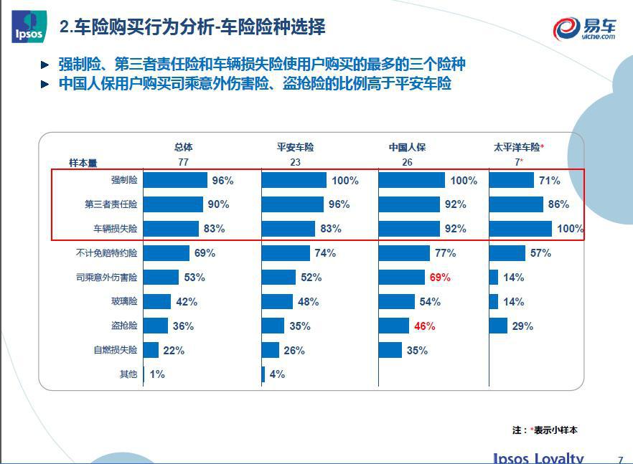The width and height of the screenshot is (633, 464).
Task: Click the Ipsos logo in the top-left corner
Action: [27, 27]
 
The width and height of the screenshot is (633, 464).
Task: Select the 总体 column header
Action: [183, 147]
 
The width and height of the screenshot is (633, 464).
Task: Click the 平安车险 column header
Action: [295, 147]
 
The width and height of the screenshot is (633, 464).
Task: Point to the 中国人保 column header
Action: [407, 147]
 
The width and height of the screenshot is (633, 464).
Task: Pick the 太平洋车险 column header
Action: [517, 147]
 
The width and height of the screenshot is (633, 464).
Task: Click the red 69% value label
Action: [440, 278]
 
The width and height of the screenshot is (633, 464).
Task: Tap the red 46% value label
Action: [424, 326]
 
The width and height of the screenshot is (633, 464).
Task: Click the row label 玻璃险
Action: [126, 302]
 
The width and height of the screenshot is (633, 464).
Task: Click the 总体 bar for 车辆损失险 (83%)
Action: [171, 229]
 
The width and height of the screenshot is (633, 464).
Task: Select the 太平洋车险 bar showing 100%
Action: [520, 229]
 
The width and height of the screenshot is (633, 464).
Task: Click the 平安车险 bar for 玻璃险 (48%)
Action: [277, 302]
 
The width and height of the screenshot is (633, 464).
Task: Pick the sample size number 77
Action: [183, 163]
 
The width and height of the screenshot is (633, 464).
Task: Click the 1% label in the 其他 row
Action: [157, 374]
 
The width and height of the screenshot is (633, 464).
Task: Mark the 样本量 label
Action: [83, 163]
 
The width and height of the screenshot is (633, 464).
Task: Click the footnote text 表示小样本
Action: [555, 430]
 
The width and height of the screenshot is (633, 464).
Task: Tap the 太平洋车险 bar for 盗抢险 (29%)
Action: [498, 326]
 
